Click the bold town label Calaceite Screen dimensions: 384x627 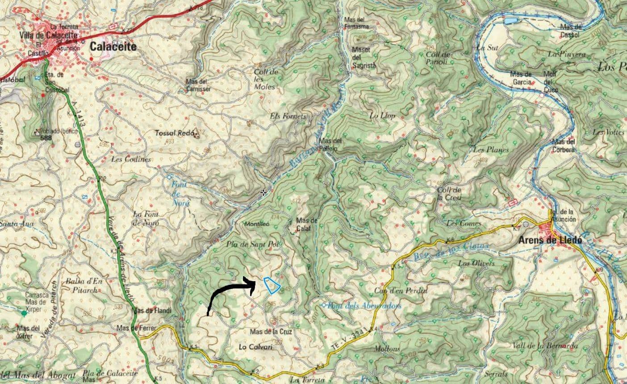click(113, 46)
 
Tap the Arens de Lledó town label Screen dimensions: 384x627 click(550, 240)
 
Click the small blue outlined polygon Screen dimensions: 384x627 click(272, 285)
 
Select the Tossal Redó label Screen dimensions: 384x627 click(173, 133)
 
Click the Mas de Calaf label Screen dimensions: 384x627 click(307, 224)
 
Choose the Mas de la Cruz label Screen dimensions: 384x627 click(271, 332)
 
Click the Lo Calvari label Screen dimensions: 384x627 click(255, 346)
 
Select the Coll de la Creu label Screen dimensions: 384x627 click(449, 194)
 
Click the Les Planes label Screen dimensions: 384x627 click(491, 150)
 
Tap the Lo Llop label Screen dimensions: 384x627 click(382, 115)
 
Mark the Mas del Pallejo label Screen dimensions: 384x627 click(331, 144)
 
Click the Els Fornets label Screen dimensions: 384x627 click(288, 116)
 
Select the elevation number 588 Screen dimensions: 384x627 click(46, 138)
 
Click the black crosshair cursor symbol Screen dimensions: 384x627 click(264, 193)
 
